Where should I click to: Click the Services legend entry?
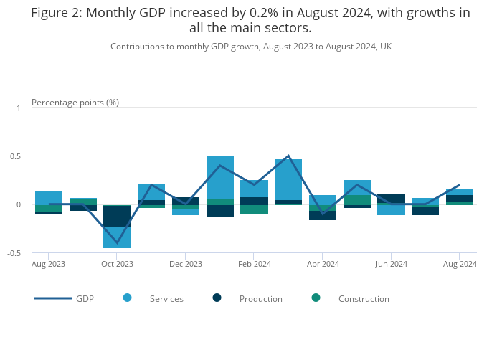tap(166, 298)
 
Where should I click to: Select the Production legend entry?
tap(260, 298)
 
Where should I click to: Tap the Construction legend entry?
tap(363, 298)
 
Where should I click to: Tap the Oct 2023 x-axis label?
tap(117, 264)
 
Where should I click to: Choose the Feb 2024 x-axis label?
tap(254, 264)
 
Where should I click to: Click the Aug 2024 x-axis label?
tap(459, 264)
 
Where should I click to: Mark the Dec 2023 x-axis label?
tap(186, 264)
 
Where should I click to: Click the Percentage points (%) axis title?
tap(75, 102)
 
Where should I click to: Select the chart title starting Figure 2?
tap(251, 20)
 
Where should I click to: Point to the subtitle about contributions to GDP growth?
tap(251, 47)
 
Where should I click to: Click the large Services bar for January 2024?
tap(220, 177)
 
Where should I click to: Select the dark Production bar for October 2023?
tap(117, 216)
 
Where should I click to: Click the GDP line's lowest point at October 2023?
tap(117, 243)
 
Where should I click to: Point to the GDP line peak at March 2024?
tap(288, 156)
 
